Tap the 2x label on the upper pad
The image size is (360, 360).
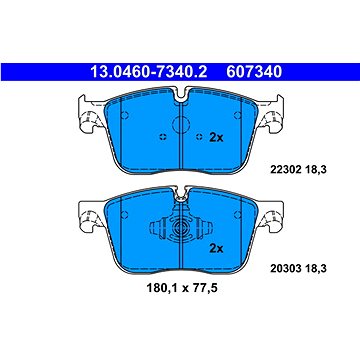pyautogui.click(x=215, y=137)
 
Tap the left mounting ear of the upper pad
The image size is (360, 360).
pyautogui.click(x=86, y=116)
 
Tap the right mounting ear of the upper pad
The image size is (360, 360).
pyautogui.click(x=273, y=116)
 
